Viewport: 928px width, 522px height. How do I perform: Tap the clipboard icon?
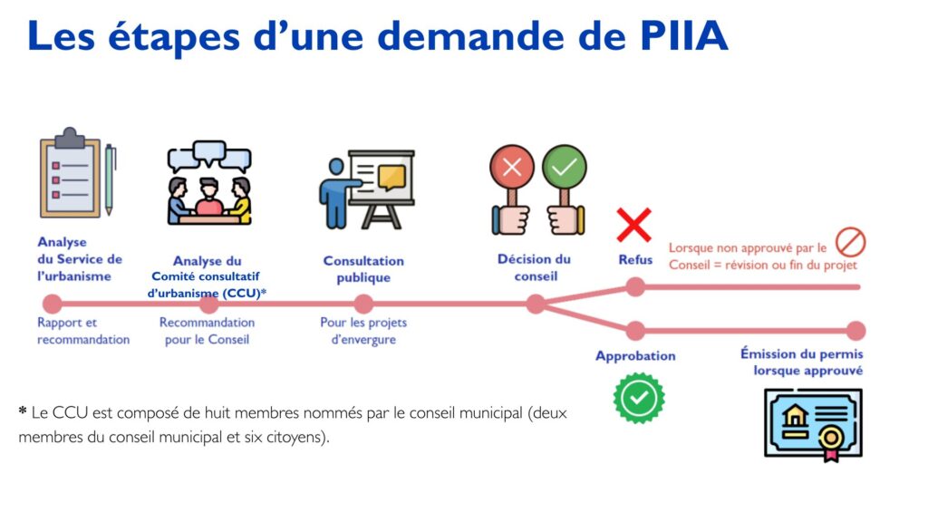[x=70, y=173]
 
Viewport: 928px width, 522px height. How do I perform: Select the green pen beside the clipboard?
[x=110, y=179]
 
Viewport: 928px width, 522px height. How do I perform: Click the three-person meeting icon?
[x=209, y=183]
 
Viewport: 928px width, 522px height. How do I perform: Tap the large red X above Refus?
[x=633, y=225]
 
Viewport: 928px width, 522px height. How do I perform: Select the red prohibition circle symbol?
[x=850, y=243]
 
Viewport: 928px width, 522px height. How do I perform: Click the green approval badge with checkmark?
[x=639, y=398]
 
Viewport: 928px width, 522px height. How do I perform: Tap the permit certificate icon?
[x=813, y=424]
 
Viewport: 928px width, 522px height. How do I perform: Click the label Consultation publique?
[x=363, y=269]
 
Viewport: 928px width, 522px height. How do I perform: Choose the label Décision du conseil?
[x=535, y=267]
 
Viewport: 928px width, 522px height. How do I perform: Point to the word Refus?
[x=635, y=260]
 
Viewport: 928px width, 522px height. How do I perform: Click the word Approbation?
[x=635, y=355]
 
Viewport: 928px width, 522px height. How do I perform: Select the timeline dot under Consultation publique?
[x=363, y=304]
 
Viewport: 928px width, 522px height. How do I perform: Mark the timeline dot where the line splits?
[x=536, y=304]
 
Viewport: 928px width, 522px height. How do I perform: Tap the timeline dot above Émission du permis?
[x=855, y=331]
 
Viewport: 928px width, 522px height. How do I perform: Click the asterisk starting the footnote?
[x=23, y=410]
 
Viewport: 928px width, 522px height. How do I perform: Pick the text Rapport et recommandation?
[x=83, y=331]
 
